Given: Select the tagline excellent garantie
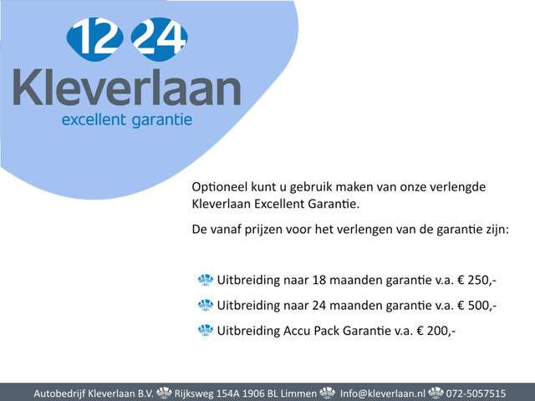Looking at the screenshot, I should click(127, 120).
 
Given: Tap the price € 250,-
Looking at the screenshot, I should click(471, 279).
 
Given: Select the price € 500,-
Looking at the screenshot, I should click(471, 305).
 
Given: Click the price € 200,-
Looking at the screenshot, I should click(430, 331).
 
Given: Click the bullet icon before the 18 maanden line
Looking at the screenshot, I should click(206, 279).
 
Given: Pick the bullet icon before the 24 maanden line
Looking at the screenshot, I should click(206, 305).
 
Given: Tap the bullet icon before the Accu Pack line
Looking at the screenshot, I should click(206, 331).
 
